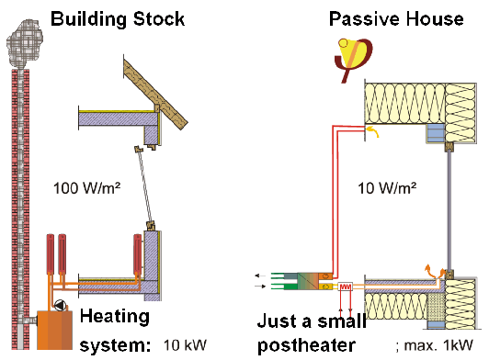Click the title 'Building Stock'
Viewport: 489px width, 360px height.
[118, 19]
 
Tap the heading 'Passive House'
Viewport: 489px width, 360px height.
[396, 18]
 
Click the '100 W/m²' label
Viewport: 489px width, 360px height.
[86, 188]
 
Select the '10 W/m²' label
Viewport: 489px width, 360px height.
[387, 188]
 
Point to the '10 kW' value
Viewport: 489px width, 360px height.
[185, 345]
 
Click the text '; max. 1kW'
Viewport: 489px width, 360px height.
[434, 345]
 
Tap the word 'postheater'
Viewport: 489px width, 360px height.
[307, 345]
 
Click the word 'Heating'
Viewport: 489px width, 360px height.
[115, 317]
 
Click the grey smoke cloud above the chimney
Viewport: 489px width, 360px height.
[24, 44]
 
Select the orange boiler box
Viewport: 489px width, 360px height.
[54, 330]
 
